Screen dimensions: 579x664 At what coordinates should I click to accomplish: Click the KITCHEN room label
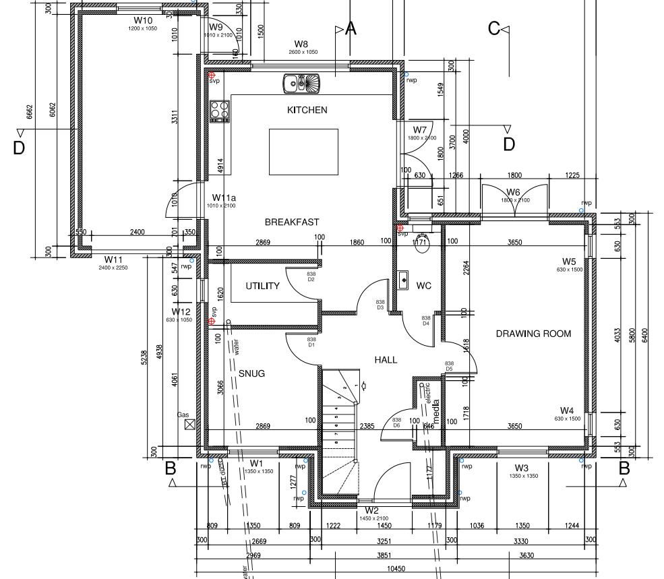(x=307, y=110)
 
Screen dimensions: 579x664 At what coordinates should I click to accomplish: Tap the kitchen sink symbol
(x=303, y=83)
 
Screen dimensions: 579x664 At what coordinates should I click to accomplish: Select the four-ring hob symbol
(x=220, y=111)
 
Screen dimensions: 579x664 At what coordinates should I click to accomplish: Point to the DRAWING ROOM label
(x=533, y=334)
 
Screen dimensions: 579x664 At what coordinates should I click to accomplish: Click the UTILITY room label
(x=262, y=286)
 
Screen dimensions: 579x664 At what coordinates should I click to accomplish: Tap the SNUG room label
(x=251, y=373)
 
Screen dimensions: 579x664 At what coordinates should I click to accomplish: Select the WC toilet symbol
(x=423, y=245)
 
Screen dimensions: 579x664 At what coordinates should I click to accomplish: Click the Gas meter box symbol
(x=189, y=424)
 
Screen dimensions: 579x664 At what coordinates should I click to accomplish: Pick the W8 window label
(x=301, y=44)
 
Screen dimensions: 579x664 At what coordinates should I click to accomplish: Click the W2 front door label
(x=372, y=511)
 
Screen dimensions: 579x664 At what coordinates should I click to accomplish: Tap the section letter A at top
(x=350, y=29)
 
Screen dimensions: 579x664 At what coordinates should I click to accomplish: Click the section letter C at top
(x=494, y=28)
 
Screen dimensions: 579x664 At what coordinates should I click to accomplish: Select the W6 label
(x=513, y=193)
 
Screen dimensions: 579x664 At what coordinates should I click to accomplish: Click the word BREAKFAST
(x=292, y=222)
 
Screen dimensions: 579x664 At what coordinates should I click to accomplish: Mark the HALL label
(x=386, y=360)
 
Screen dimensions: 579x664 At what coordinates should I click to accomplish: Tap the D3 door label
(x=380, y=307)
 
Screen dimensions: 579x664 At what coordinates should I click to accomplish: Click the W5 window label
(x=569, y=262)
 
